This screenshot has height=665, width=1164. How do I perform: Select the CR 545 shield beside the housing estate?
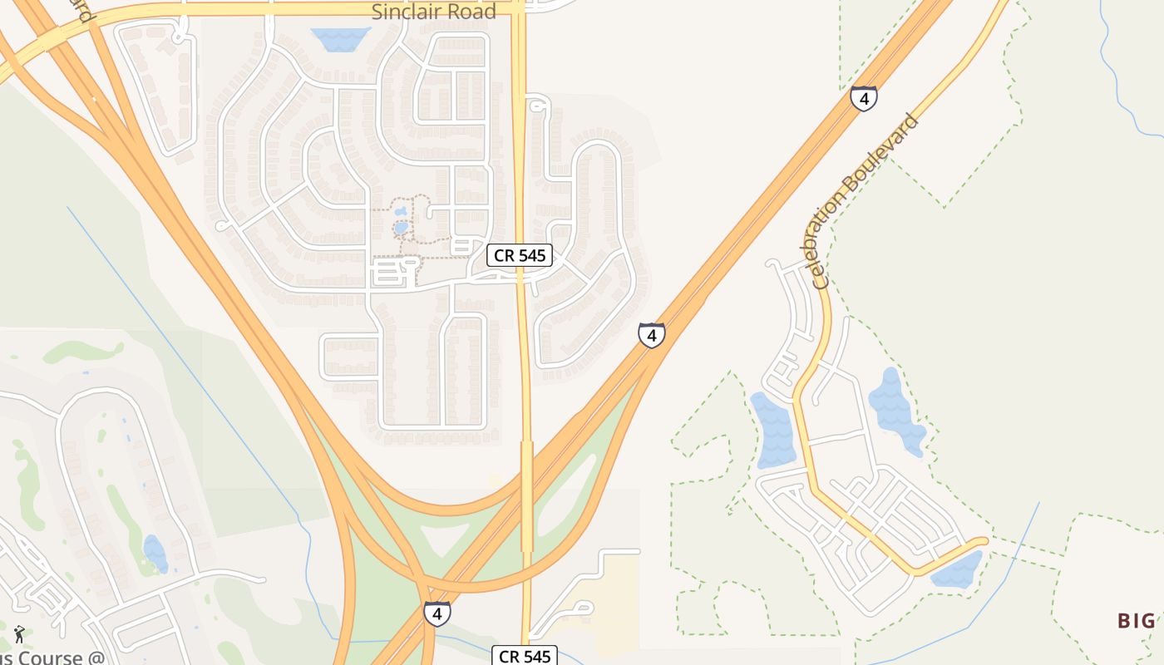[x=520, y=255]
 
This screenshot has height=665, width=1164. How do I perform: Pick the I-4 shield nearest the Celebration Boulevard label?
[x=864, y=99]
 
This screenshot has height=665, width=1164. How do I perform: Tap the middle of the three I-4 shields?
[x=652, y=335]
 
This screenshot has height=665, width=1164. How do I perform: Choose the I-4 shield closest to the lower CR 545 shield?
[x=437, y=613]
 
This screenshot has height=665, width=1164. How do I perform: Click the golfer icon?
[x=19, y=634]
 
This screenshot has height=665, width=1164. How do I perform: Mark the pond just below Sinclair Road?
[x=341, y=38]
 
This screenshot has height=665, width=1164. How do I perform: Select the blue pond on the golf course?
[x=155, y=553]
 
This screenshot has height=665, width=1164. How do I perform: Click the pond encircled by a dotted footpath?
[x=401, y=226]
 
